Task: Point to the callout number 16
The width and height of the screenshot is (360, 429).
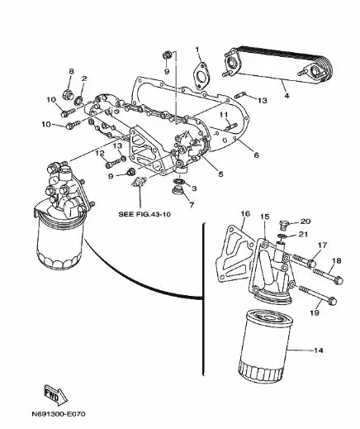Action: [244, 214]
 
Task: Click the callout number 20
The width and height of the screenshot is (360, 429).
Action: [305, 222]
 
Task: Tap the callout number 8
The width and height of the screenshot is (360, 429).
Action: [70, 72]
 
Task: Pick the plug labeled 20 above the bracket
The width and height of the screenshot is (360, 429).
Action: [282, 224]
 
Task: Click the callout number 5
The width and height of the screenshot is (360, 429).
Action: [220, 174]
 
